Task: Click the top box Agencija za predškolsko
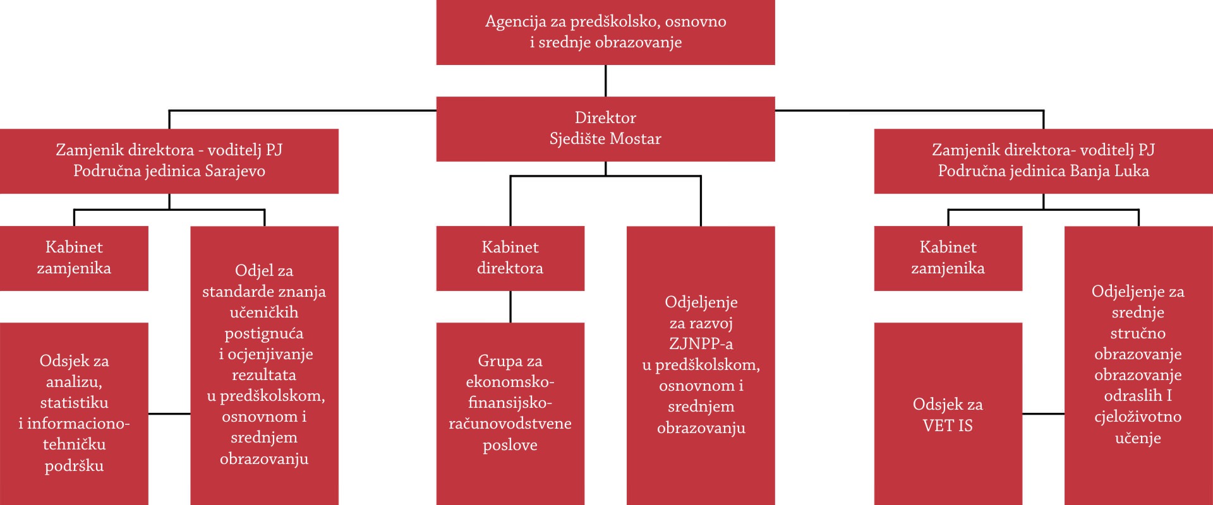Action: click(x=605, y=32)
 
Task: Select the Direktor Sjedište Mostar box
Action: click(x=605, y=129)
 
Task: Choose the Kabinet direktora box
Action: click(x=510, y=258)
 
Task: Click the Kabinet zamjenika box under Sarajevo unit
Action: click(x=74, y=258)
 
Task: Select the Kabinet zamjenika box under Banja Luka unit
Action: click(x=948, y=258)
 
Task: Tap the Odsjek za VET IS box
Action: click(x=948, y=414)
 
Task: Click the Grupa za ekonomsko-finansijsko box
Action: click(x=510, y=414)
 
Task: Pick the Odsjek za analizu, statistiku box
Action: click(x=74, y=414)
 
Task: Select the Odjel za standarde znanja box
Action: click(x=264, y=365)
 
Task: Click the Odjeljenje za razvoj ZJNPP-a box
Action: click(x=701, y=365)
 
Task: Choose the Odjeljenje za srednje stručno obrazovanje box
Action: click(x=1138, y=365)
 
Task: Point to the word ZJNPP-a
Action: click(x=701, y=344)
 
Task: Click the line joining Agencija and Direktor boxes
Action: click(x=605, y=81)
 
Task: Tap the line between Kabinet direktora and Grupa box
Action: click(x=510, y=307)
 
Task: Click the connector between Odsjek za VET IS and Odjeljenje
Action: click(x=1043, y=414)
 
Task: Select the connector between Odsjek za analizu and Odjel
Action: click(x=169, y=414)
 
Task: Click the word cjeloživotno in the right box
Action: click(x=1138, y=417)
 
